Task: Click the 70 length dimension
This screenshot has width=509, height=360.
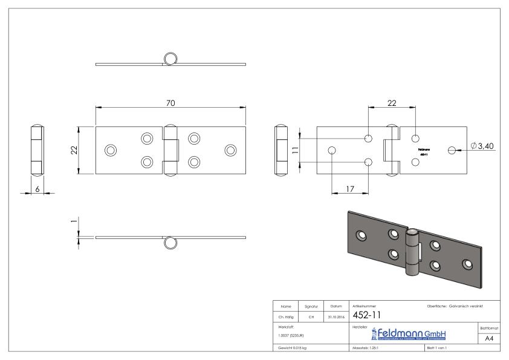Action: click(x=170, y=103)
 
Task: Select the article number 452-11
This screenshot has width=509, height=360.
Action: click(x=366, y=315)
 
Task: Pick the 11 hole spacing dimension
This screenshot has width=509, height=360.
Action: click(x=295, y=150)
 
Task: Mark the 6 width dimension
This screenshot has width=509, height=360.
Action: click(x=37, y=189)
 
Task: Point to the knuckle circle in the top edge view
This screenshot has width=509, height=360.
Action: click(x=170, y=59)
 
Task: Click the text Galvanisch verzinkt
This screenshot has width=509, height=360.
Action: click(x=466, y=306)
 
